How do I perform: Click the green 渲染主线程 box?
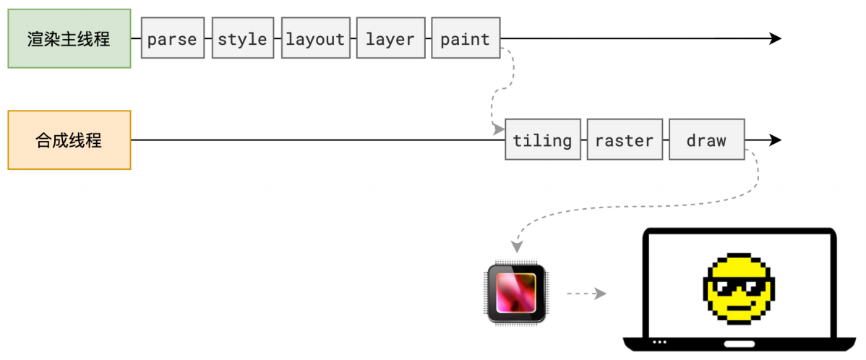tap(69, 38)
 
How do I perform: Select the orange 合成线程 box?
tap(69, 140)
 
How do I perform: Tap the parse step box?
tap(172, 38)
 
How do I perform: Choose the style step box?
tap(243, 38)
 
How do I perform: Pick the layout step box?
tap(315, 38)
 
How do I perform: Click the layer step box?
tap(390, 38)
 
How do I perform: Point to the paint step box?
tap(465, 38)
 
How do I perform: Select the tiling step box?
tap(542, 140)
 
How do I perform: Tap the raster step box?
tap(625, 140)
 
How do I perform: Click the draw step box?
tap(706, 140)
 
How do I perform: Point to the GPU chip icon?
tap(515, 293)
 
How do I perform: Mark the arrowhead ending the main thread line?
tap(776, 38)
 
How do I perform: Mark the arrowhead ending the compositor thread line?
tap(776, 140)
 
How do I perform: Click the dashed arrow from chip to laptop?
tap(586, 293)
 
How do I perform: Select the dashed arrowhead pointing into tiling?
tap(498, 129)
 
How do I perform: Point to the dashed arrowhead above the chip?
tap(515, 247)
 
